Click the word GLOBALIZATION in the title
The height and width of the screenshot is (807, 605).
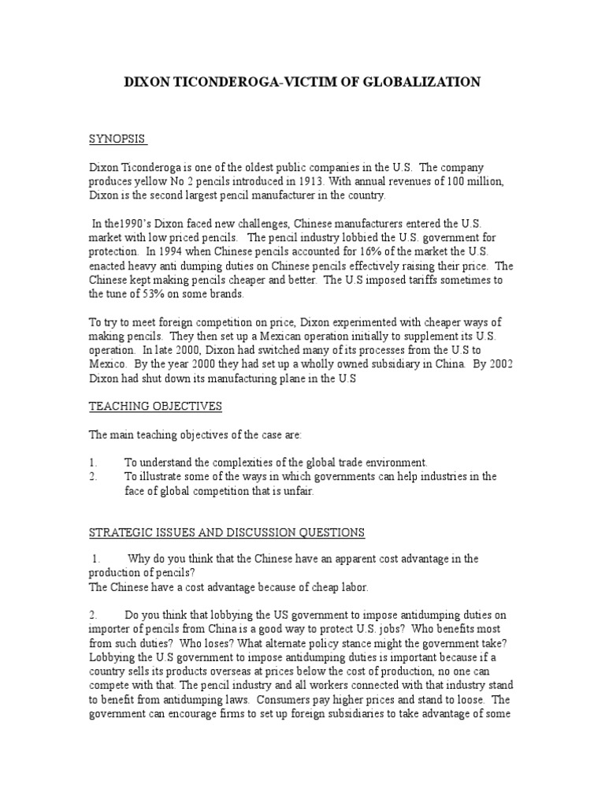point(427,81)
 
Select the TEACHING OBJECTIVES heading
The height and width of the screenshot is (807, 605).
point(155,407)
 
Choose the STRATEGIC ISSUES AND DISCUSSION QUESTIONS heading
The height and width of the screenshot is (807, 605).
point(227,533)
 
